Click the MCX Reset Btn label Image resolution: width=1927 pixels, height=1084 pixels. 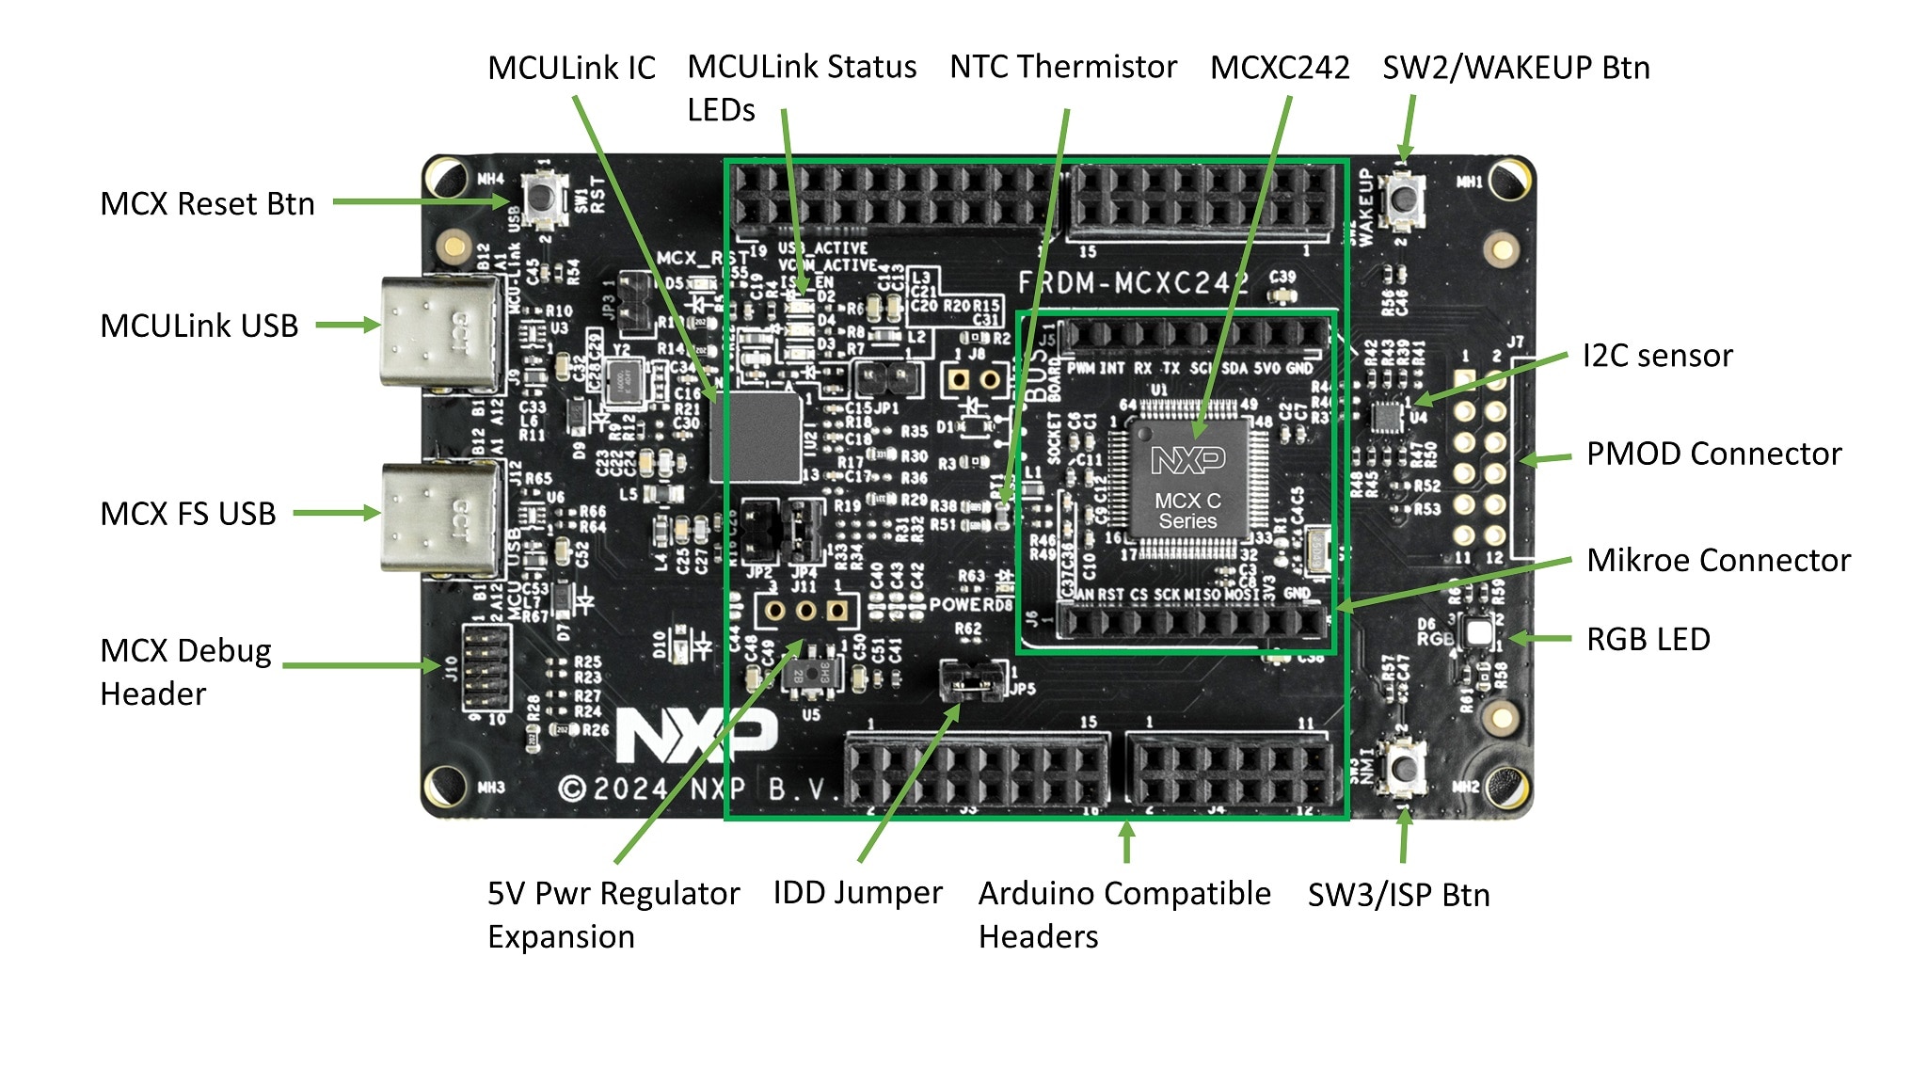(207, 203)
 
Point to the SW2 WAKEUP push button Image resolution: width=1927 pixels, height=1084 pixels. (1403, 199)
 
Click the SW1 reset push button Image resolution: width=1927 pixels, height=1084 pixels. (544, 199)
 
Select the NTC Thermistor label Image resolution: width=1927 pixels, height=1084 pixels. (1062, 67)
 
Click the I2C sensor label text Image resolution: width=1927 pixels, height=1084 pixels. (1656, 356)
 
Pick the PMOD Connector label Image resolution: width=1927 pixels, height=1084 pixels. (1712, 454)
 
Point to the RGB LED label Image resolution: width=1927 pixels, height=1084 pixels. (1648, 639)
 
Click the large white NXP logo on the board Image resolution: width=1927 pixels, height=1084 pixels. (696, 734)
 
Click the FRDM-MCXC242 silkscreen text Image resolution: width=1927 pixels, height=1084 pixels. (1135, 282)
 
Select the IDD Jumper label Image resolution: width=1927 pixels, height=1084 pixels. (857, 892)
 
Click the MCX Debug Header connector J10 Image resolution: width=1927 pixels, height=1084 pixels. (486, 667)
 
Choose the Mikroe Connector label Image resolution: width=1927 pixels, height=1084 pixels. (1718, 560)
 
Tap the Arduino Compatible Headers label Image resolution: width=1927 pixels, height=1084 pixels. (1123, 914)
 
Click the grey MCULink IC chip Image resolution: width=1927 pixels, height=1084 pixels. (756, 438)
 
